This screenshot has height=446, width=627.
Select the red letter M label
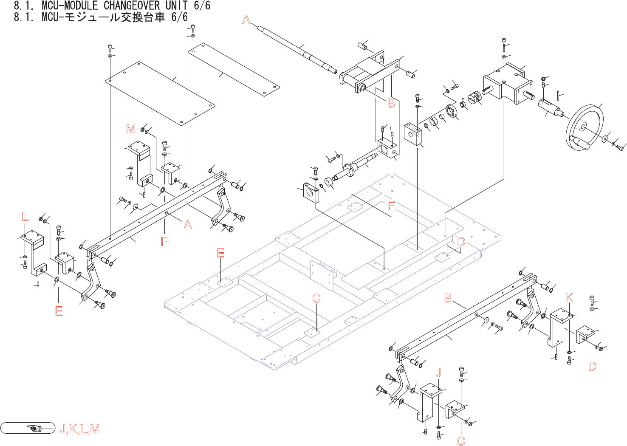pyautogui.click(x=131, y=129)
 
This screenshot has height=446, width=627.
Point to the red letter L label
pyautogui.click(x=25, y=217)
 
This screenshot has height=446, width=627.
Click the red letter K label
pyautogui.click(x=569, y=298)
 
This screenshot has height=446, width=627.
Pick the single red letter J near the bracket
pyautogui.click(x=439, y=373)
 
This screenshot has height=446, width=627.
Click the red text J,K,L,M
pyautogui.click(x=80, y=429)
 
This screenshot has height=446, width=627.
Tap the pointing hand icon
pyautogui.click(x=34, y=428)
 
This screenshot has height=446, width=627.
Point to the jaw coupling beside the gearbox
pyautogui.click(x=474, y=97)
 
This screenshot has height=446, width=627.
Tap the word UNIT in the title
pyautogui.click(x=177, y=6)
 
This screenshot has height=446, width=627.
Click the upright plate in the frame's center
pyautogui.click(x=322, y=275)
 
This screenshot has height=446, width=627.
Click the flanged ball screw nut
pyautogui.click(x=350, y=169)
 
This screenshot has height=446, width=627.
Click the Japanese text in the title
pyautogui.click(x=115, y=17)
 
